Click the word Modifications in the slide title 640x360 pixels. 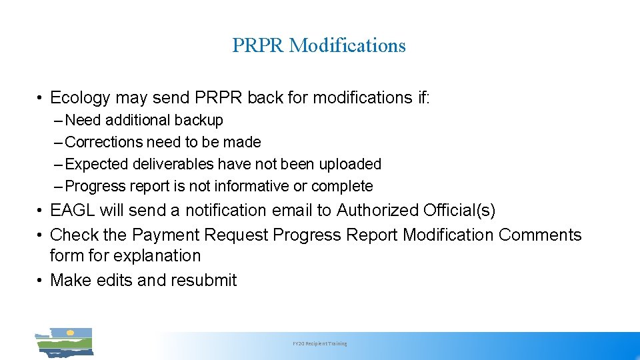pos(347,45)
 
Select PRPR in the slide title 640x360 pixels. pos(259,45)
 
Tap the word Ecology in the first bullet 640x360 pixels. pos(80,98)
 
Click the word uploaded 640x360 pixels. pos(348,164)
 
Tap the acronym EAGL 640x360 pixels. pos(73,211)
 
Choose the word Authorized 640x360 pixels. pos(377,211)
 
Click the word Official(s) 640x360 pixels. pos(459,211)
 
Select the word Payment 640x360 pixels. pos(165,235)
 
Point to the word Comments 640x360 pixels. pos(540,235)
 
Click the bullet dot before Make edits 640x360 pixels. pos(41,281)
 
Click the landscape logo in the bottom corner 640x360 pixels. pos(64,342)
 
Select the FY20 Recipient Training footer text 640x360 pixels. pos(320,344)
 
